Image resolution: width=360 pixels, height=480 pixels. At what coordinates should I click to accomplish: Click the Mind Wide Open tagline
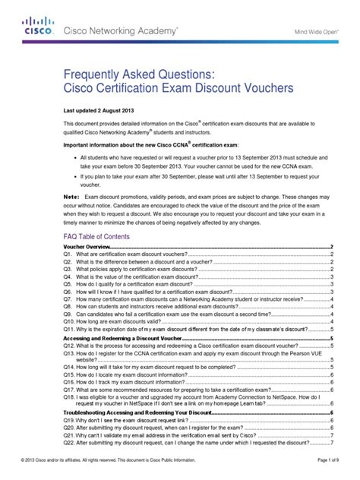pos(321,32)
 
